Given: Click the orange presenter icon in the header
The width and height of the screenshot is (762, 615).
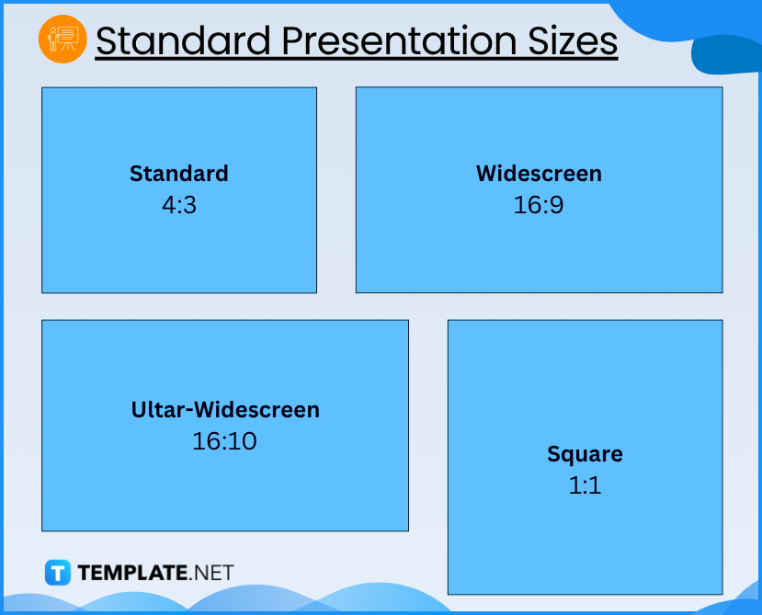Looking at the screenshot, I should click(63, 40).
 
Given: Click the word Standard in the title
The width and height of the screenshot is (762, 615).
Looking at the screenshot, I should click(183, 40).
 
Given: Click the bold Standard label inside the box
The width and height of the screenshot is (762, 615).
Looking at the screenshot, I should click(178, 174).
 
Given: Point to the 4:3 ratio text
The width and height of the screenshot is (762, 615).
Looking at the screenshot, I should click(178, 204).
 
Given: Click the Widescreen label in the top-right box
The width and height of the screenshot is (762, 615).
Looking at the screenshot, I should click(539, 174).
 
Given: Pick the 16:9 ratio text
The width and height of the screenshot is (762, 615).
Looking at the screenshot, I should click(539, 204).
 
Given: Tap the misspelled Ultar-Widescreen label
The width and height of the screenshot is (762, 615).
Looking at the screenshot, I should click(225, 410).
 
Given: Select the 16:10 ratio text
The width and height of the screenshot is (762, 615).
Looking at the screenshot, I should click(224, 441).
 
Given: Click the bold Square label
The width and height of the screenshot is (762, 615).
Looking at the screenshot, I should click(585, 454).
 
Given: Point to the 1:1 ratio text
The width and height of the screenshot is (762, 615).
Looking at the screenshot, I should click(585, 484).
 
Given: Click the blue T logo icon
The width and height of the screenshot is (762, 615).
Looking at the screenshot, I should click(57, 573).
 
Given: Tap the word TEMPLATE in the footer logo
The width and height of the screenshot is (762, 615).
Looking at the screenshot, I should click(131, 573).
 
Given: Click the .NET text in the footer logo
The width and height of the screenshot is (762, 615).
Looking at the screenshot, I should click(211, 573).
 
